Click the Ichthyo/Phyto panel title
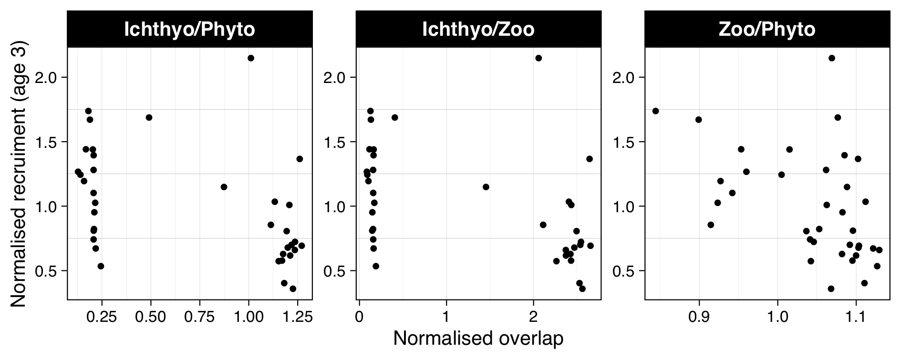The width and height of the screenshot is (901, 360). (x=189, y=30)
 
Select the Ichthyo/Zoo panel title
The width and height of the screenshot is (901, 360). (x=478, y=30)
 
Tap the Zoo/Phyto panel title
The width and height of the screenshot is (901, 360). (x=766, y=30)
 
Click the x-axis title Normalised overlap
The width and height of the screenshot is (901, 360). (x=478, y=339)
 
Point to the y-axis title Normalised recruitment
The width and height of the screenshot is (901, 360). (x=19, y=174)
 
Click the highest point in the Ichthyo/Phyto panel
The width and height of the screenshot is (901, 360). (x=251, y=58)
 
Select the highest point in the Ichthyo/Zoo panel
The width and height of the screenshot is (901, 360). (x=539, y=58)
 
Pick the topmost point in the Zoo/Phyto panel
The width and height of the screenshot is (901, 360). (x=832, y=58)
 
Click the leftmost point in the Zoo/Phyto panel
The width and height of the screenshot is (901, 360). (x=655, y=111)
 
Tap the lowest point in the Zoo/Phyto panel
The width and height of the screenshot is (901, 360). (x=831, y=289)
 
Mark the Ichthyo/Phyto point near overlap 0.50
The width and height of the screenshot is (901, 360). (x=149, y=117)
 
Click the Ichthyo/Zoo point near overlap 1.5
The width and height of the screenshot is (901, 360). (x=486, y=187)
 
